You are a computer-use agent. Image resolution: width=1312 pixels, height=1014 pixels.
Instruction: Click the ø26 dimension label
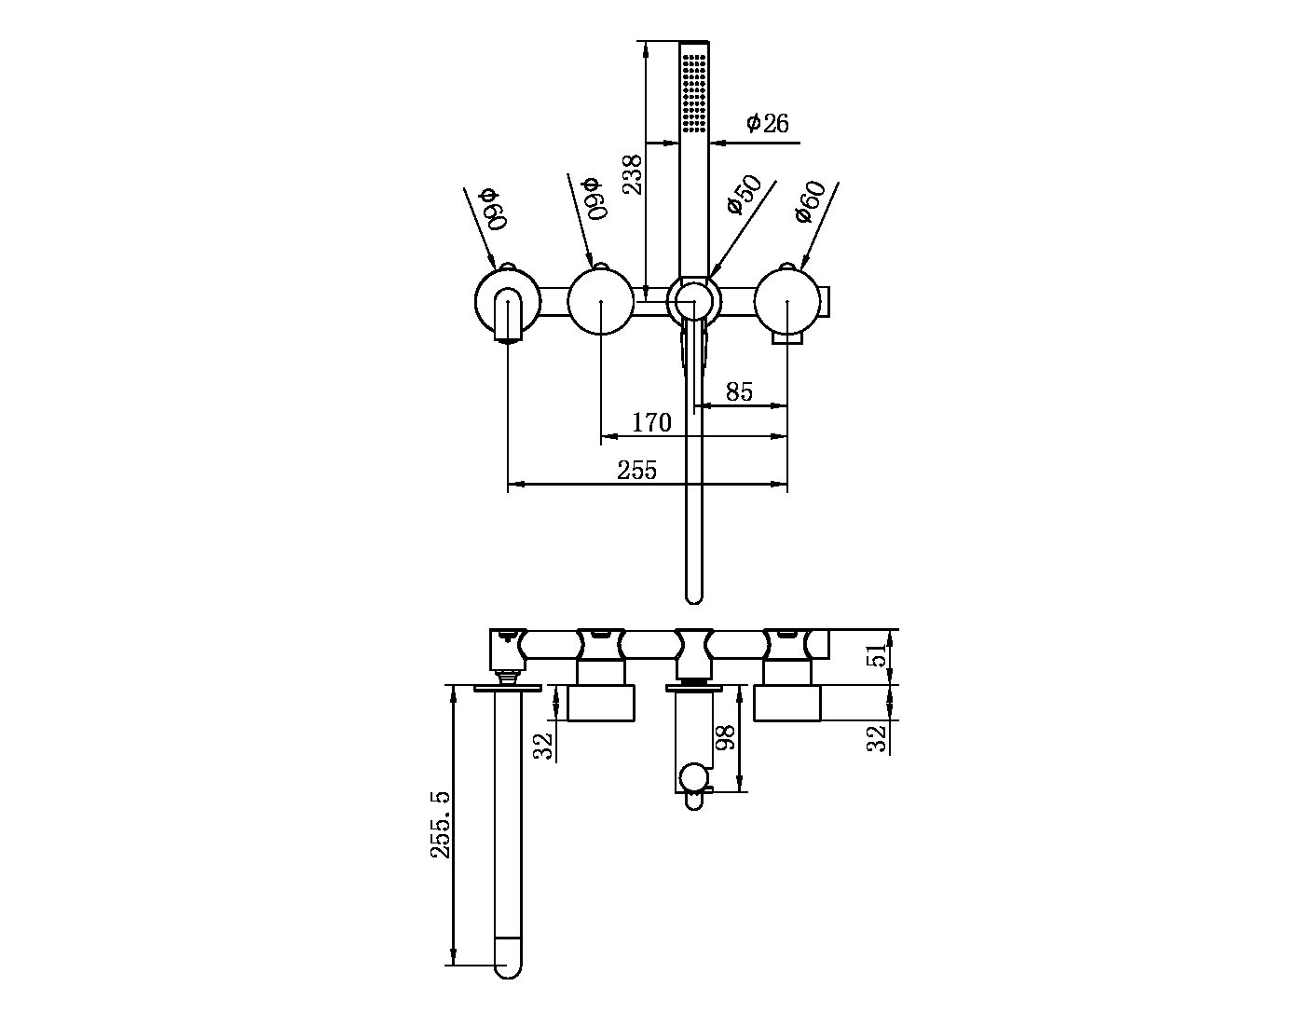click(768, 123)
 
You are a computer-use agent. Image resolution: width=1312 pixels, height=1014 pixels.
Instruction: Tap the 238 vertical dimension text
click(632, 174)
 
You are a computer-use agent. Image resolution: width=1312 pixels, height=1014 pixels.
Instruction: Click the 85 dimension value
click(739, 392)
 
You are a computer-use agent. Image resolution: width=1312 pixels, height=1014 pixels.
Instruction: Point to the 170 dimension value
click(651, 422)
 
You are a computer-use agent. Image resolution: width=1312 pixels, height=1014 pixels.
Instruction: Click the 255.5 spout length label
click(440, 825)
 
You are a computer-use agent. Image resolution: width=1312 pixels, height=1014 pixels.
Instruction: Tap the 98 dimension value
click(725, 737)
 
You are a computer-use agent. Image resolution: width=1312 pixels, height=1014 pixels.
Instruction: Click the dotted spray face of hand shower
click(693, 91)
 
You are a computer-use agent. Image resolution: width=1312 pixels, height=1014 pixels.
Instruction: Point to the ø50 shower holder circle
click(693, 301)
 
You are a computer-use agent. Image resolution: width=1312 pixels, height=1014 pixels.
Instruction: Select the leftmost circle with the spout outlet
click(507, 302)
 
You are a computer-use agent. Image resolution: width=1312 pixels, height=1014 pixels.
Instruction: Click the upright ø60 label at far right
click(811, 201)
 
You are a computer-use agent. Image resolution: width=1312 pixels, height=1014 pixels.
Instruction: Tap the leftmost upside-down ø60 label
click(492, 209)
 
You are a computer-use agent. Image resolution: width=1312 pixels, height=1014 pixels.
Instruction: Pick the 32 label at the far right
click(877, 738)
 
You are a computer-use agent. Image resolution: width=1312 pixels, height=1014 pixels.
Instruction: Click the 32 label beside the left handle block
click(544, 746)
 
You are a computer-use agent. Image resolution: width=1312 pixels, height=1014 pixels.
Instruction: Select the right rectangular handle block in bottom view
click(787, 703)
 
